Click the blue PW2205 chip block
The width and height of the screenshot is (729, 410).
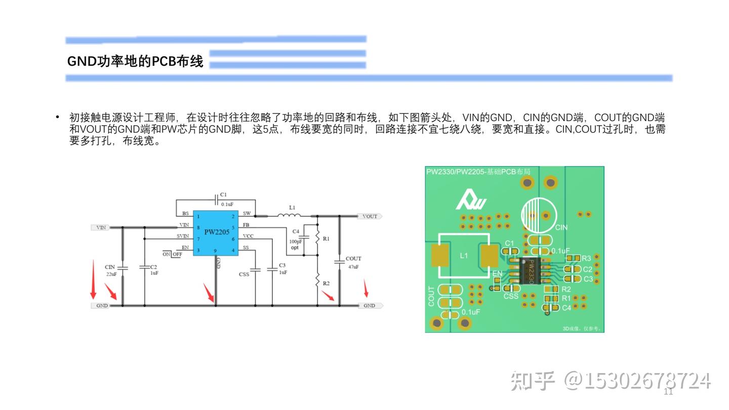(215, 233)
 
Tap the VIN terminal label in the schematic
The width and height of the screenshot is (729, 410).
(101, 228)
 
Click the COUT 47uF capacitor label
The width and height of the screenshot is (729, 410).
(353, 262)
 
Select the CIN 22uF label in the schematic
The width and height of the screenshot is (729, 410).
(111, 270)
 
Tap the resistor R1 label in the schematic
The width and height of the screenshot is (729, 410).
(326, 238)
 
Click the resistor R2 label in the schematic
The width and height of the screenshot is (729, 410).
(326, 283)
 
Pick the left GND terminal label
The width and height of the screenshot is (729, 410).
(102, 306)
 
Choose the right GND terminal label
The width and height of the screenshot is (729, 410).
(370, 306)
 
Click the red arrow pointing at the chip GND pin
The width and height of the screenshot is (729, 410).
(209, 294)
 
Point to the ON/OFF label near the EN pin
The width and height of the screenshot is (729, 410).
(173, 254)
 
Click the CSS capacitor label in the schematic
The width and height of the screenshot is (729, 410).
(244, 274)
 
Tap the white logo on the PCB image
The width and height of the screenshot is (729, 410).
(471, 200)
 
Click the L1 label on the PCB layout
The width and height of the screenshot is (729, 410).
(464, 256)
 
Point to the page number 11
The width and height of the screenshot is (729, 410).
(668, 392)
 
